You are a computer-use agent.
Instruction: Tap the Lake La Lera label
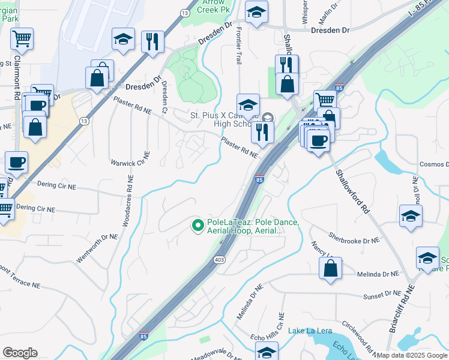tap(307, 331)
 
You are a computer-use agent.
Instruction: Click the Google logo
tap(20, 353)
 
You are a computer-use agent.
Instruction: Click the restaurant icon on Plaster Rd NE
tap(262, 133)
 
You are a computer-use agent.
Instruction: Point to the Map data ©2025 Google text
tap(412, 355)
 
